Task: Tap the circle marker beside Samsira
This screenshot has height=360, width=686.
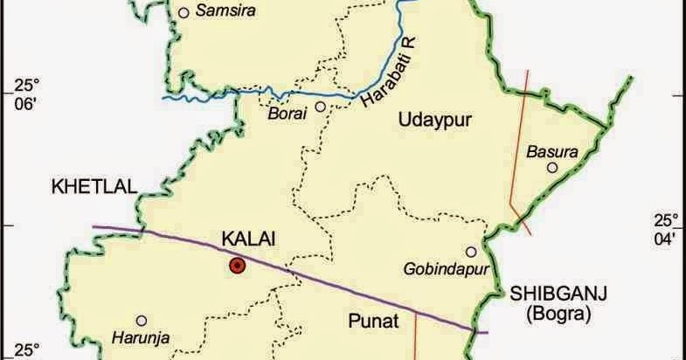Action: click(184, 12)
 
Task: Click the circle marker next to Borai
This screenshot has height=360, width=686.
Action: click(321, 107)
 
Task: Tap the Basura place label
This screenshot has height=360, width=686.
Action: click(552, 151)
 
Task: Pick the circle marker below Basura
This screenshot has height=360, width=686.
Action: click(552, 167)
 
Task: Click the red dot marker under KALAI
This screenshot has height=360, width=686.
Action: click(236, 266)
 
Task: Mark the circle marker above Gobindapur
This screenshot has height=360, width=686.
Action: click(471, 251)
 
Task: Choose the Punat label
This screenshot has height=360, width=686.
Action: click(374, 322)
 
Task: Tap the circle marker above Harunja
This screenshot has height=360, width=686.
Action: click(141, 321)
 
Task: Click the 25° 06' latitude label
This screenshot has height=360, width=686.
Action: click(27, 94)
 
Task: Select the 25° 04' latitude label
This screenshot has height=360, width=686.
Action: click(667, 227)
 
